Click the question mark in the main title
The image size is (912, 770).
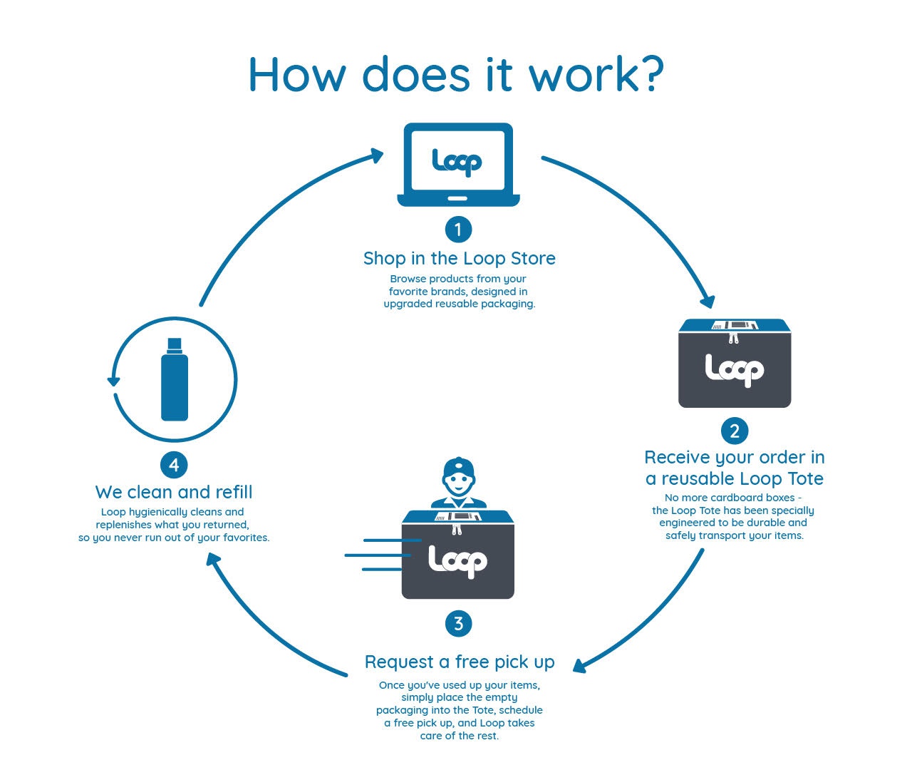coord(648,74)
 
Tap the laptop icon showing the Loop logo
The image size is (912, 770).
coord(458,165)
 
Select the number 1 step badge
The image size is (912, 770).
coord(458,230)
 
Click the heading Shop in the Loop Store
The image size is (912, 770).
coord(459,258)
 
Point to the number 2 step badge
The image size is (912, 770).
coord(735,431)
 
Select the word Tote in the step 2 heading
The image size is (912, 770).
coord(804,478)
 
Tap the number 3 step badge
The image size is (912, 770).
coord(458,624)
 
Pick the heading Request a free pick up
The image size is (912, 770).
coord(459,662)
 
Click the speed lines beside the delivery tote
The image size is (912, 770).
coord(374,555)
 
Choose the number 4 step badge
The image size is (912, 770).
coord(174,466)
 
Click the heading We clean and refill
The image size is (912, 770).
coord(174,492)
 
